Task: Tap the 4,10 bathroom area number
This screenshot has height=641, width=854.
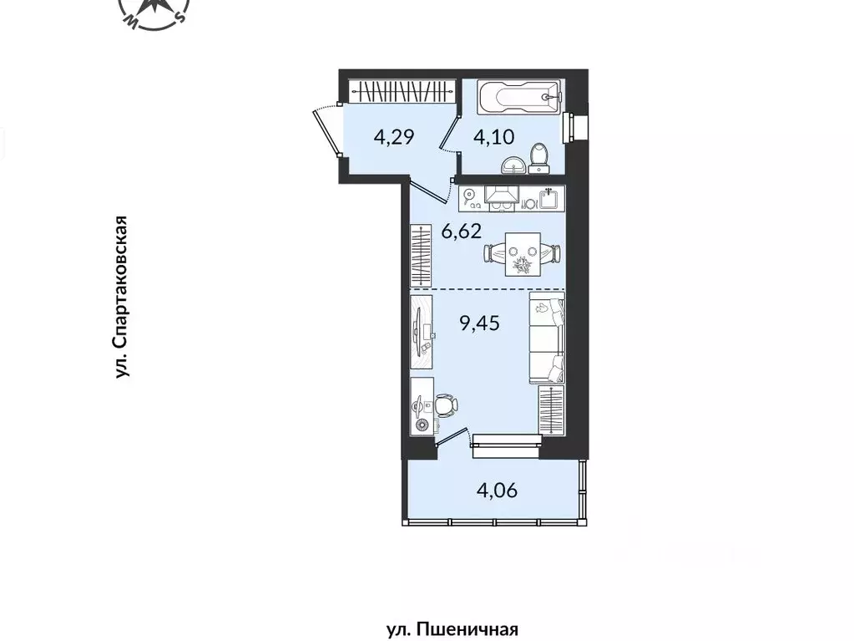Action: click(x=493, y=136)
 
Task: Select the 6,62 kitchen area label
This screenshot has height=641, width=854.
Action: click(x=462, y=231)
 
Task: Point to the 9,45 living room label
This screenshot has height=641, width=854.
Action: click(x=479, y=323)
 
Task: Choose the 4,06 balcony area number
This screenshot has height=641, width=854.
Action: click(x=497, y=491)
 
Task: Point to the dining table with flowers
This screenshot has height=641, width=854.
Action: click(x=523, y=254)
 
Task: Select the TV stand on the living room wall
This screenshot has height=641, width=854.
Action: click(x=422, y=333)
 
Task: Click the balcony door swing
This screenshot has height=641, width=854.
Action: click(x=453, y=437)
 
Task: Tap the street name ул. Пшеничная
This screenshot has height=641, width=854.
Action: click(x=452, y=630)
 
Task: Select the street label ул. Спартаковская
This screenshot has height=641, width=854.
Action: click(x=121, y=297)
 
